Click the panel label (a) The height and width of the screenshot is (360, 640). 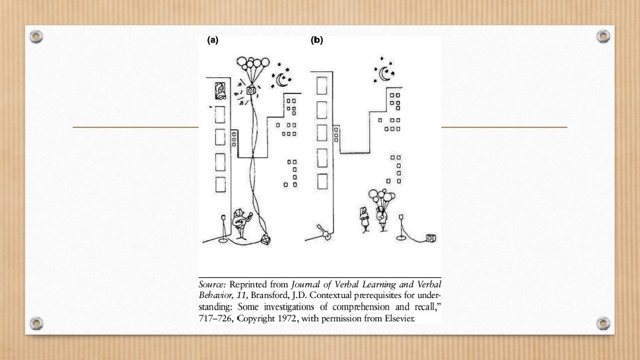(x=213, y=40)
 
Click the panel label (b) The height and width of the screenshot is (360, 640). (x=317, y=40)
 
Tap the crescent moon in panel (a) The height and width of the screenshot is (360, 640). (x=283, y=81)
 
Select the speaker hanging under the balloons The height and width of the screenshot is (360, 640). (x=251, y=89)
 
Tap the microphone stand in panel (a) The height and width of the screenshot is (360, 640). (x=223, y=227)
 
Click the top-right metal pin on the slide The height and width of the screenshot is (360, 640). (x=603, y=35)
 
